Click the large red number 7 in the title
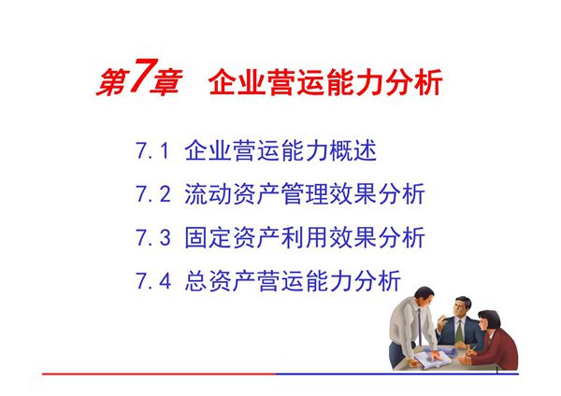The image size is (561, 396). point(137,80)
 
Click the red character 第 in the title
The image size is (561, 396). point(110,83)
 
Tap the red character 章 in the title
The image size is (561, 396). point(165,83)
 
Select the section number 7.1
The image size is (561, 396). point(151,151)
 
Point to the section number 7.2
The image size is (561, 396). point(151,195)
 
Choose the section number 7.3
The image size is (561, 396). point(151,238)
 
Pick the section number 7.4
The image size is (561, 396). point(151,281)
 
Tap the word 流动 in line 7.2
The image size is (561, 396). point(209,195)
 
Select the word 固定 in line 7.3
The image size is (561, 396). point(209,238)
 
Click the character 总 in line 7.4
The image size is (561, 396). point(196,281)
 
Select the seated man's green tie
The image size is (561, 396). point(460,328)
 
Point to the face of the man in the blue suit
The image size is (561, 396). point(459,308)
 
